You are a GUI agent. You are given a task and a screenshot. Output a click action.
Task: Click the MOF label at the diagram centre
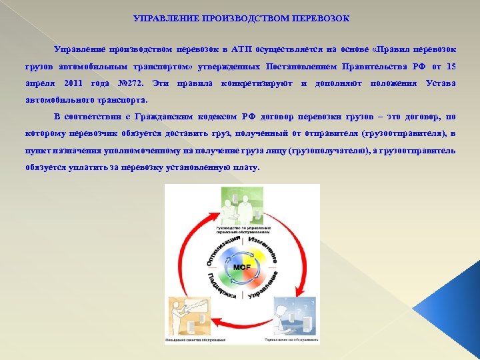tap(241, 267)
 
